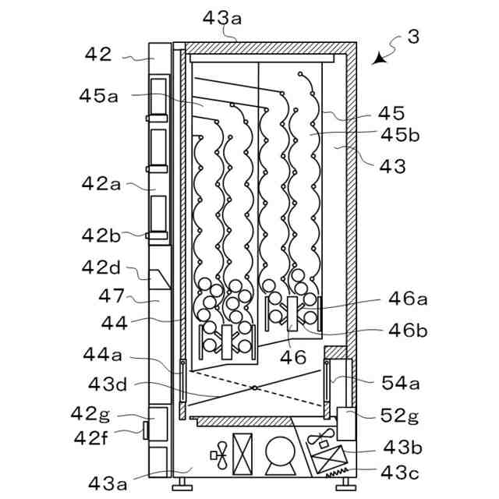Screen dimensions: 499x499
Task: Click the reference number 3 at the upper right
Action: click(x=413, y=37)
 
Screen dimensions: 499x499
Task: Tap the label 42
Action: click(x=99, y=55)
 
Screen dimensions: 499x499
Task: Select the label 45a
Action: click(x=98, y=96)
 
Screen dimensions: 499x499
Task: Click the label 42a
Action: click(x=101, y=184)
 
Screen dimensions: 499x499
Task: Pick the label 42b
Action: click(x=101, y=235)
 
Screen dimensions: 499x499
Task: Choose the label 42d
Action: click(x=101, y=267)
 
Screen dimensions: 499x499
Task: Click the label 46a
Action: click(x=409, y=299)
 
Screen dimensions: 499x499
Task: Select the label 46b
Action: click(x=409, y=330)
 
